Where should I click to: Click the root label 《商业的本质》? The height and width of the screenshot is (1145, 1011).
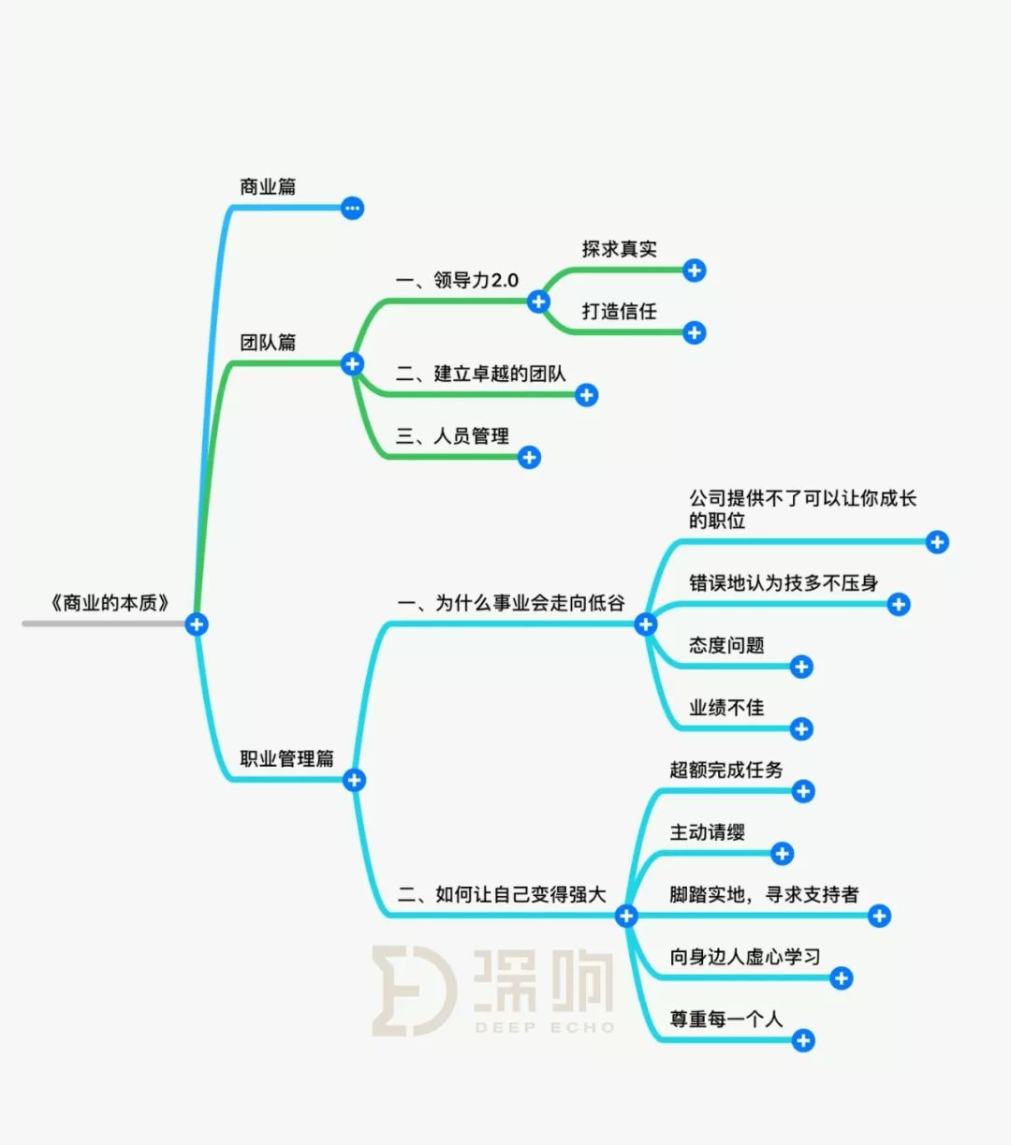pos(110,603)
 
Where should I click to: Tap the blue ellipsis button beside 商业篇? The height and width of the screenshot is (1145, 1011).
pos(352,208)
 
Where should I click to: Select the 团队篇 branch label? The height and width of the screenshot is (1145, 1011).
pos(268,342)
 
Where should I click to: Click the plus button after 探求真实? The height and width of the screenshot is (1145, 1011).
pos(694,271)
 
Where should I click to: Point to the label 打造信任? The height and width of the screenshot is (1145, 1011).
pos(620,311)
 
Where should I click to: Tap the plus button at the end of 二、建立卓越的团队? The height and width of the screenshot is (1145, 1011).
pos(587,394)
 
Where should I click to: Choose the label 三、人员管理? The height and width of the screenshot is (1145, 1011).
pos(452,435)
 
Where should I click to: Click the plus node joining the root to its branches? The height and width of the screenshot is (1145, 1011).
pos(197,624)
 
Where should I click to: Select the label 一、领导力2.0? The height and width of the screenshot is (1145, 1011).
pos(457,280)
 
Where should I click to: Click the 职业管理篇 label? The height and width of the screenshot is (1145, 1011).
pos(286,757)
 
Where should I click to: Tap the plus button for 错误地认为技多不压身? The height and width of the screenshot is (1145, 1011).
pos(899,604)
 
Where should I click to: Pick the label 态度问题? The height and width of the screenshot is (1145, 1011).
pos(726,645)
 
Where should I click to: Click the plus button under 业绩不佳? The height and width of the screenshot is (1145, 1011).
pos(801,728)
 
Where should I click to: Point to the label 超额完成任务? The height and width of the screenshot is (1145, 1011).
pos(726,770)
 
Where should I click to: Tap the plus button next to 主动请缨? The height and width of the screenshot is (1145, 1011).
pos(783,854)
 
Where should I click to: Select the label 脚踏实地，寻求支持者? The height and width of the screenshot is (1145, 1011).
pos(764,894)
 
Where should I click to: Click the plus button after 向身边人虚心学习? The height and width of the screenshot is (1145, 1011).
pos(841,977)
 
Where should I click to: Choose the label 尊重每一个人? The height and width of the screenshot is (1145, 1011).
pos(726,1019)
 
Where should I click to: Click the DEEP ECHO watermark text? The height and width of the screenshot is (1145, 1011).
pos(545,1027)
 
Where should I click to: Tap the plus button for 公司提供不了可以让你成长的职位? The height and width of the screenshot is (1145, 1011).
pos(937,542)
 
